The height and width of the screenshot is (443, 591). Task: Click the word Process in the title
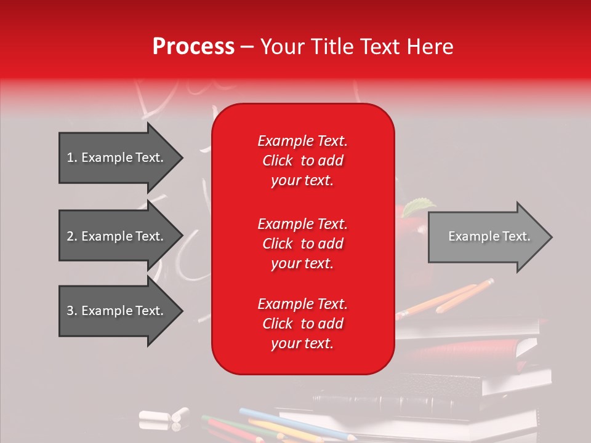pos(193,47)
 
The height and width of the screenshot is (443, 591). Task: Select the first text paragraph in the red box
pos(302,161)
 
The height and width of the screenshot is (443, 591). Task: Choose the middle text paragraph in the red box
pos(302,244)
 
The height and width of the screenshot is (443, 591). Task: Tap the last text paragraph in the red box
pos(302,324)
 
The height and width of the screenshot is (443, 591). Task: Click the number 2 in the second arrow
pos(70,236)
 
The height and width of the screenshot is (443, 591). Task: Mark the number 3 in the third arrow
pos(70,311)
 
